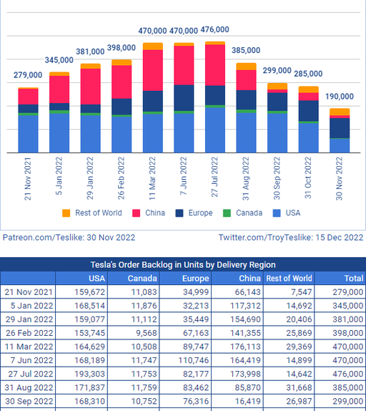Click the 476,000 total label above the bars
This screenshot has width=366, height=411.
pos(214,29)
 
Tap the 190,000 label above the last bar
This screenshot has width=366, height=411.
pos(340,97)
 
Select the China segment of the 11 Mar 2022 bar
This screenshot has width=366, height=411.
pos(153,70)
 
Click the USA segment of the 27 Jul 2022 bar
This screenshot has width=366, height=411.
pos(215,130)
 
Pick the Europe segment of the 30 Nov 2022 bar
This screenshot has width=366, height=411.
pos(340,128)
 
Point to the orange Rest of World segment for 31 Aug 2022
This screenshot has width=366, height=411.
pos(246,67)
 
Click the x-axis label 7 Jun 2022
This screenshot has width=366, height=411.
pos(184,176)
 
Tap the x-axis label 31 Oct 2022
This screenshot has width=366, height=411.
pos(308,178)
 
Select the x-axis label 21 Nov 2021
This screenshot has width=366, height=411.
pos(28,179)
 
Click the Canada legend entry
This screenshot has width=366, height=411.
pos(242,213)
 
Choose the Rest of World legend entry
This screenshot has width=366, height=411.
pos(92,213)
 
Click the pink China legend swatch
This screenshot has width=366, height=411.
pos(137,213)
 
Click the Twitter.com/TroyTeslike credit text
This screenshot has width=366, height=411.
pos(291,238)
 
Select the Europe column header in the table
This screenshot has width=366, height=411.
pos(195,279)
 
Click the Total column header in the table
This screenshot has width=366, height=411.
pos(354,279)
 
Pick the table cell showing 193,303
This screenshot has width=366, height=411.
pos(90,374)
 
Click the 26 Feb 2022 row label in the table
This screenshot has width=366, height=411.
pos(29,333)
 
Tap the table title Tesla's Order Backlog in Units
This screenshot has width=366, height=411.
pos(183,265)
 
